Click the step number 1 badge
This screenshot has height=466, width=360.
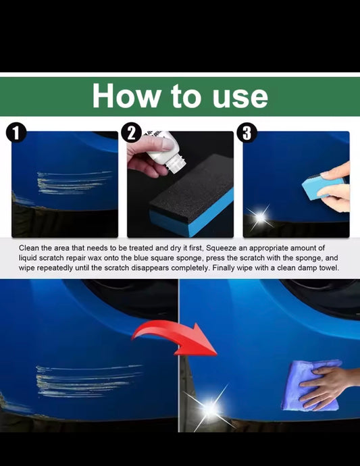16,132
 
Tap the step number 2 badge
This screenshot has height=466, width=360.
132,132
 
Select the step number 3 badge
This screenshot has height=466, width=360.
247,132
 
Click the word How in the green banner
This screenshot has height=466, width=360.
126,96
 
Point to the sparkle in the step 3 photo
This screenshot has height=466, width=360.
260,217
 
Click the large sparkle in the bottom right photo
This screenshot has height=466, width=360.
209,409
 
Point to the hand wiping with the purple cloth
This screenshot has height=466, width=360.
327,386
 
